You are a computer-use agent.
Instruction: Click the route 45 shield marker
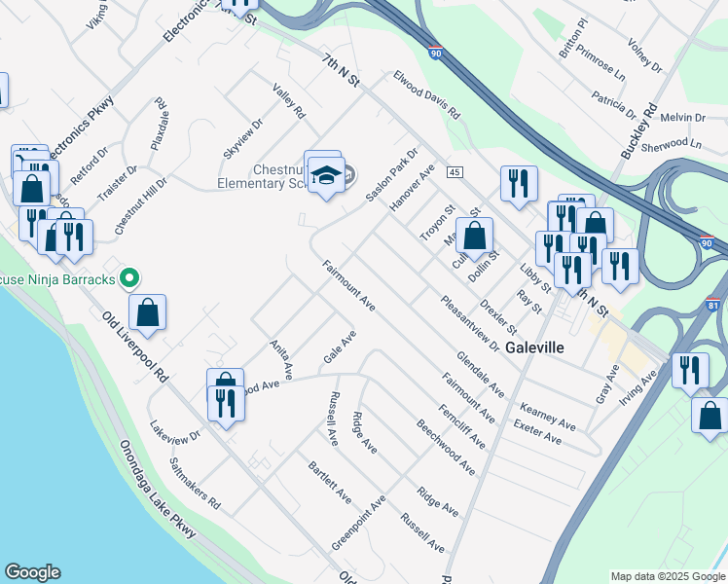tap(455, 172)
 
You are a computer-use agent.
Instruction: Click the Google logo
tap(32, 572)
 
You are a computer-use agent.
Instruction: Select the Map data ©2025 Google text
tap(668, 575)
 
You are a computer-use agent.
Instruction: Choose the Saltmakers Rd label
tap(195, 485)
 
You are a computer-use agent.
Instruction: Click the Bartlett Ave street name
tap(330, 482)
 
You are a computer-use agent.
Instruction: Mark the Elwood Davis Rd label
tap(425, 94)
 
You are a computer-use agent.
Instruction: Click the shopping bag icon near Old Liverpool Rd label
tap(147, 312)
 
